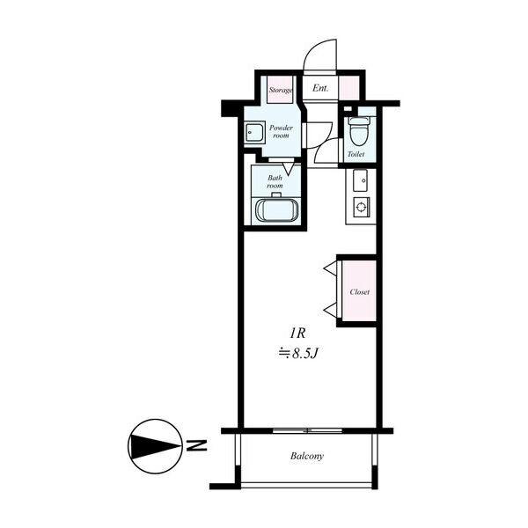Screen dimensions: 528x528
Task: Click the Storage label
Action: click(x=281, y=91)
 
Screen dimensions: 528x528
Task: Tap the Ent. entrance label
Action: click(x=320, y=88)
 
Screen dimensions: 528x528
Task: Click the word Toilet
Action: click(x=356, y=154)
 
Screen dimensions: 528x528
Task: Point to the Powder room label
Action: click(x=281, y=132)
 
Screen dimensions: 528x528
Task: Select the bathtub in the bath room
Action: click(x=277, y=210)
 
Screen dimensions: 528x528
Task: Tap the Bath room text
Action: click(x=275, y=182)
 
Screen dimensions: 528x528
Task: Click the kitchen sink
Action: click(x=360, y=180)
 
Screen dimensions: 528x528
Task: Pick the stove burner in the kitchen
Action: click(x=361, y=207)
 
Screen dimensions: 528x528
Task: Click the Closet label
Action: click(x=360, y=292)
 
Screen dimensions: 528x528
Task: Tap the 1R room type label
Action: click(x=297, y=334)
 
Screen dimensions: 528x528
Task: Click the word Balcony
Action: click(x=307, y=456)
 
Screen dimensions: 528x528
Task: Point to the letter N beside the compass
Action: click(x=197, y=445)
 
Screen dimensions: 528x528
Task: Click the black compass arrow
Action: click(x=156, y=447)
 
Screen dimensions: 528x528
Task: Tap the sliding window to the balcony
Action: click(x=307, y=430)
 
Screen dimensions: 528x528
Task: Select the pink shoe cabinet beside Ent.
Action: click(x=348, y=88)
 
